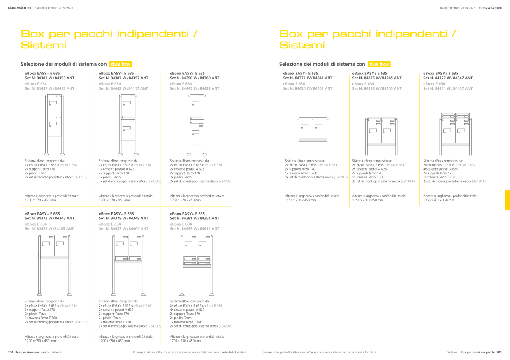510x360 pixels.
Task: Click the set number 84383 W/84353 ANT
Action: click(50, 78)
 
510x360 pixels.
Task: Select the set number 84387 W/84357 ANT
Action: click(123, 78)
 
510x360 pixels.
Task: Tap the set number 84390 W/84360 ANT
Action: click(195, 78)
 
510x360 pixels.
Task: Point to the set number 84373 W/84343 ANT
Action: click(50, 218)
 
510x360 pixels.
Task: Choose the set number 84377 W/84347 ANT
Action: click(448, 78)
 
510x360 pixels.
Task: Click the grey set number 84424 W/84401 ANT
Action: click(308, 88)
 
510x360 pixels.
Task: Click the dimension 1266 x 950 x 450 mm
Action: click(438, 200)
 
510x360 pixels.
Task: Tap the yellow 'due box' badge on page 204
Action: click(121, 64)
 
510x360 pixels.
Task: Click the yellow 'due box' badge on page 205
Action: click(379, 64)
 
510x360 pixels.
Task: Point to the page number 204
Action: click(10, 352)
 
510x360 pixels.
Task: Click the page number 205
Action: click(499, 352)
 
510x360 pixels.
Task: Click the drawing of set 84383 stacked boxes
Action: click(54, 125)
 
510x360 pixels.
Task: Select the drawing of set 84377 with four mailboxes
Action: click(455, 134)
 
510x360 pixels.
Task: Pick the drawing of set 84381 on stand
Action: click(197, 265)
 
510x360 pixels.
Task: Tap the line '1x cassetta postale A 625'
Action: click(116, 169)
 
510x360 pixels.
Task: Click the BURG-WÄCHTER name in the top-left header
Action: click(20, 8)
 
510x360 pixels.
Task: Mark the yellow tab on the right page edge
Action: click(508, 200)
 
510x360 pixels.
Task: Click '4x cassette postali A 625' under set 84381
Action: click(187, 310)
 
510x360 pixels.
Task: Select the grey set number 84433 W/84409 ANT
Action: click(123, 228)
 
